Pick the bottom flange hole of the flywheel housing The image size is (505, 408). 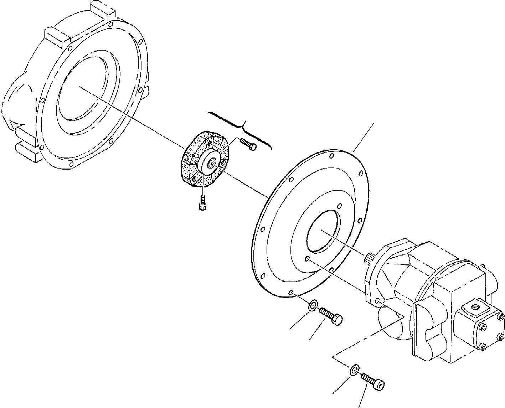pyautogui.click(x=71, y=164)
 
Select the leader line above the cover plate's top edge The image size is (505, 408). pyautogui.click(x=364, y=137)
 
